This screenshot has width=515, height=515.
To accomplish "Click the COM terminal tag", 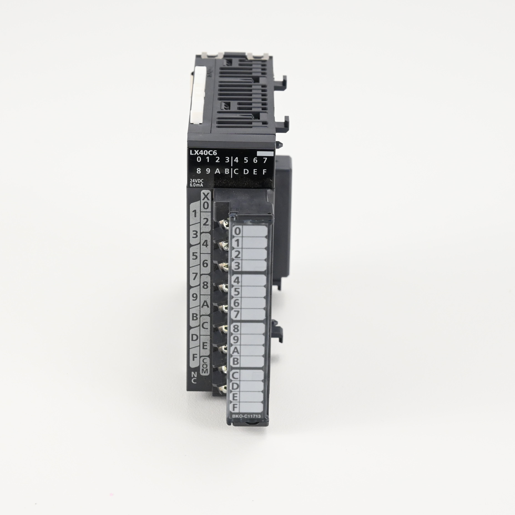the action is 205,365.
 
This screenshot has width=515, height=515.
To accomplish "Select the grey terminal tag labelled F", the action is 195,357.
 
